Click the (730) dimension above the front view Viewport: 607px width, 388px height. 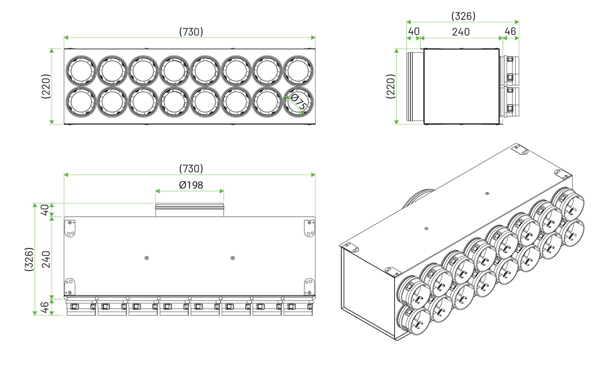(191, 32)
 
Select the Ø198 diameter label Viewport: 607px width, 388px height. (191, 185)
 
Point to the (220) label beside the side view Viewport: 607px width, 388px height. (391, 86)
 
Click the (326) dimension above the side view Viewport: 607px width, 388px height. (463, 16)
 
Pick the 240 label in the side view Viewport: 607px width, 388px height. (461, 32)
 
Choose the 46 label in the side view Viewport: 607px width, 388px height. (510, 32)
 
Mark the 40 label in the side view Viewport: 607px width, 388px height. (414, 32)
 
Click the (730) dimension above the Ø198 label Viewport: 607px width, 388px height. (191, 169)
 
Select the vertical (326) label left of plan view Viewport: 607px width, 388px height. (29, 259)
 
